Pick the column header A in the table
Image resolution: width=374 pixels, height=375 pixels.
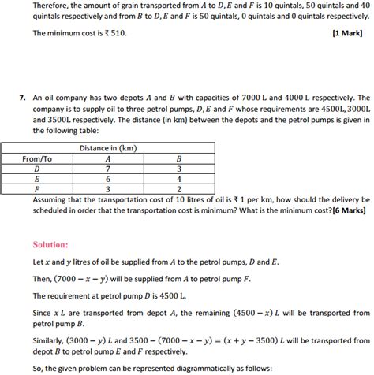pos(108,158)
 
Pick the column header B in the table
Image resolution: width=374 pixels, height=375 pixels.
pos(180,158)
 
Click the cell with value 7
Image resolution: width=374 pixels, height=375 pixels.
pos(108,169)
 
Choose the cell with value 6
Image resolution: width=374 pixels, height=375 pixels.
pos(108,179)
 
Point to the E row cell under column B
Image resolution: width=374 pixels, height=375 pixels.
pos(180,179)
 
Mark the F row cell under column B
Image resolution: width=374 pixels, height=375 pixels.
pos(180,189)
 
